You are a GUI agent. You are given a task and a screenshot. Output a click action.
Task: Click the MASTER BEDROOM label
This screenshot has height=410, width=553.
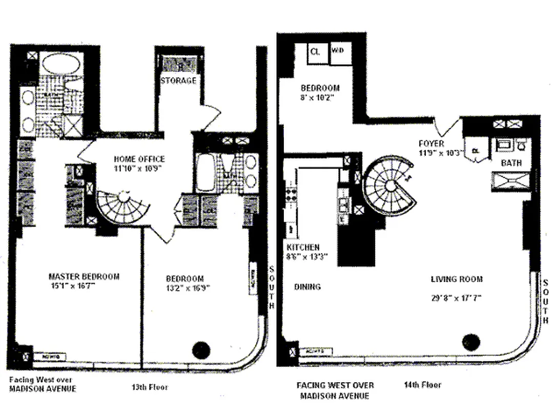pyautogui.click(x=84, y=276)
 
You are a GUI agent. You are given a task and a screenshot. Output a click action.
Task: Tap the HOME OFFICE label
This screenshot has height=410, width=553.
pyautogui.click(x=139, y=159)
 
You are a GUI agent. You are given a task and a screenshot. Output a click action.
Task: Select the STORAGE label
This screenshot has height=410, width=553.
pyautogui.click(x=178, y=80)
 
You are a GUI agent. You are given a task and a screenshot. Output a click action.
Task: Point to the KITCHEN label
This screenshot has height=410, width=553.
pyautogui.click(x=303, y=248)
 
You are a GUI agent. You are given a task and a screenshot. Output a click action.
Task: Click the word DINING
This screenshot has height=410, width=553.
pyautogui.click(x=308, y=286)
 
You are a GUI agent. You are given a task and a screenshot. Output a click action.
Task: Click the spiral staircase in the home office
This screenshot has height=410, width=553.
pyautogui.click(x=124, y=206)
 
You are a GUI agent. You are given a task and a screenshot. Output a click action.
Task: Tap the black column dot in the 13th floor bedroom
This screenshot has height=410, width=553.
pyautogui.click(x=201, y=350)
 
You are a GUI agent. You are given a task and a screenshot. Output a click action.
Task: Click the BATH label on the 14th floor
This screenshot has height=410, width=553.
pyautogui.click(x=511, y=163)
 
